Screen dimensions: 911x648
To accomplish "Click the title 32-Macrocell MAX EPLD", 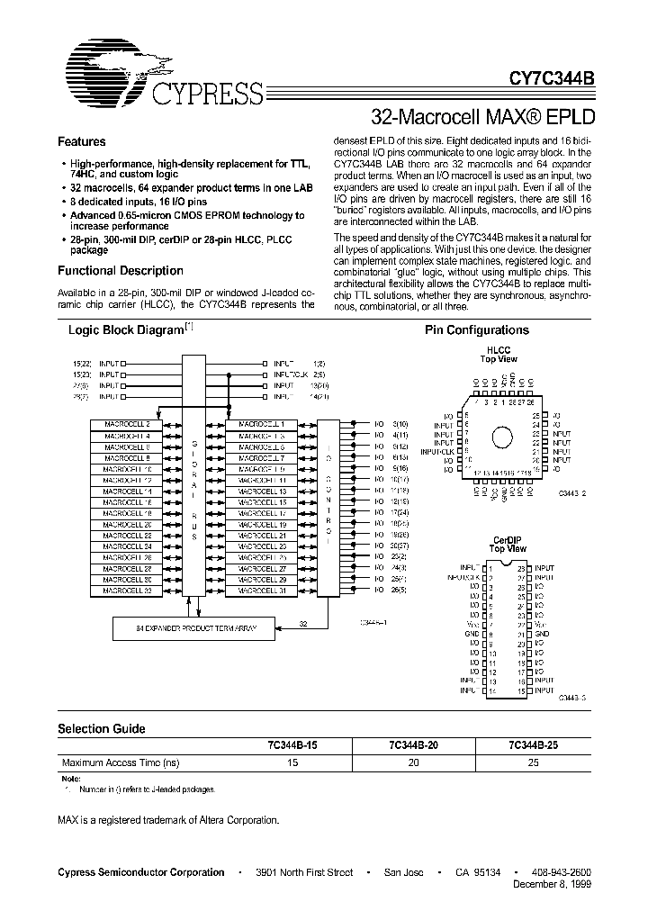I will point(482,117).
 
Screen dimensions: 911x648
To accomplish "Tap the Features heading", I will point(82,142).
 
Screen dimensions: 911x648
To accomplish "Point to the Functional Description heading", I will point(121,271).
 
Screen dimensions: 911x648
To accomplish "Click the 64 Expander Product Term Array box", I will point(183,628).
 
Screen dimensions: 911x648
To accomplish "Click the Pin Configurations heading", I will point(477,330).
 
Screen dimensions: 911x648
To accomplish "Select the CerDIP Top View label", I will point(508,544).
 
